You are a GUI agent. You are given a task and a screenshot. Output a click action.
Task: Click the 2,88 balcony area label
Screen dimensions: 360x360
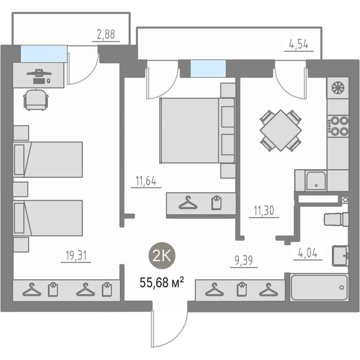coord(106,35)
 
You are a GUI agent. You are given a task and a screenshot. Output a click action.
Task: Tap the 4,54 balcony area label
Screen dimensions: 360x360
coord(298,44)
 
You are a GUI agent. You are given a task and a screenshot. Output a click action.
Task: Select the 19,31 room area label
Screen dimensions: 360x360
coord(76,256)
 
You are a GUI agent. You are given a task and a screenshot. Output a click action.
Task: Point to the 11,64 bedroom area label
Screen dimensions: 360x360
coord(146,181)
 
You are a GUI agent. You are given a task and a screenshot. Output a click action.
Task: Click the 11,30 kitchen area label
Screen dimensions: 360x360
coord(264,211)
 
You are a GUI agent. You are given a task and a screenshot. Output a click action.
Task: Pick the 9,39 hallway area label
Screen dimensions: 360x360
coord(244,261)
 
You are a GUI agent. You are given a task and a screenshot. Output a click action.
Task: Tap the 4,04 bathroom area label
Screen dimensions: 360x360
coord(308,253)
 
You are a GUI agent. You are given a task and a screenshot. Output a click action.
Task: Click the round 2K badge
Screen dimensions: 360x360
coord(162,256)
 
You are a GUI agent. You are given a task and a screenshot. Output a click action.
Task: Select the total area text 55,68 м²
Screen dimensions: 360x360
coord(162,282)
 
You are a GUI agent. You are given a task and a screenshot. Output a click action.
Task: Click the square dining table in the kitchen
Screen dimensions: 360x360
coord(280,130)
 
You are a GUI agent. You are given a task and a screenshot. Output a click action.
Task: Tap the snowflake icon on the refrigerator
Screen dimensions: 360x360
coord(338,88)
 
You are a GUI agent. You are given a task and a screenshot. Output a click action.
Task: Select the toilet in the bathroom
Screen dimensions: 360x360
coord(336,219)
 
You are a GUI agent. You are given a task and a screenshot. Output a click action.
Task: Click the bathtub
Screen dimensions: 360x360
coord(319,287)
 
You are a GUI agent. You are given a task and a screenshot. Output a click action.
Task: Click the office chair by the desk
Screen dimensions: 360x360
coord(36,100)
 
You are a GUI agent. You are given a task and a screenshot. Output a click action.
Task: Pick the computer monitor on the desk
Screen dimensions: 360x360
coord(39,73)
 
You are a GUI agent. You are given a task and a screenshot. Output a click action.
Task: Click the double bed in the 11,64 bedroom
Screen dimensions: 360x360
coord(197,131)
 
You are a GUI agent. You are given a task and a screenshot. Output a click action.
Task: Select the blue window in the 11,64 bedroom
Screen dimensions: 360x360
coord(208,68)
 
